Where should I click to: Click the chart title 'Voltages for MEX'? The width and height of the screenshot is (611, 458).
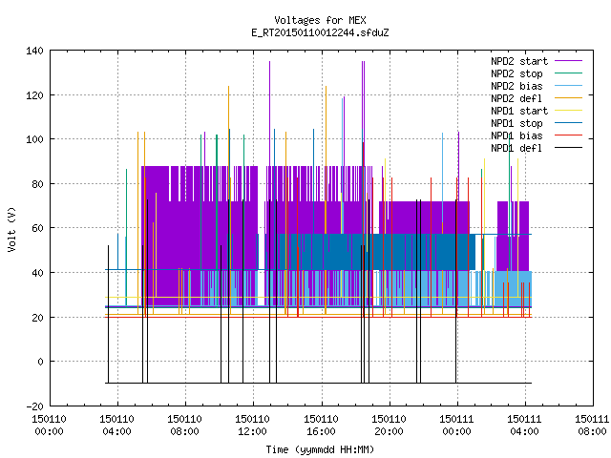(x=320, y=20)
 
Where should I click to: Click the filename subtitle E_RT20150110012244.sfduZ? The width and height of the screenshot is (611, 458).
(x=320, y=32)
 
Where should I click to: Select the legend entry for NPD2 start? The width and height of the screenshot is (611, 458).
(x=519, y=61)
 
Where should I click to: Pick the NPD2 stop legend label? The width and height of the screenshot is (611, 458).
(x=516, y=73)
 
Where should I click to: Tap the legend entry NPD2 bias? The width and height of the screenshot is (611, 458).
(x=516, y=86)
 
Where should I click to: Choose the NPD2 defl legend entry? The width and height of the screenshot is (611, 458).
(x=516, y=98)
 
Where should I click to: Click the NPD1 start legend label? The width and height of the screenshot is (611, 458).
(x=519, y=111)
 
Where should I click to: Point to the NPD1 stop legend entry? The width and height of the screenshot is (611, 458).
(x=516, y=123)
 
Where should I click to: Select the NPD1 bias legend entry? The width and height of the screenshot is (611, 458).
(x=516, y=135)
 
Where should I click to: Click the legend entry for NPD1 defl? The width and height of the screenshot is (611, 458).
(x=516, y=149)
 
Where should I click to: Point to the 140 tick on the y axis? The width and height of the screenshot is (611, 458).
(x=34, y=51)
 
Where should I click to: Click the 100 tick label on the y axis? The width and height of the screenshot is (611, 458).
(x=34, y=139)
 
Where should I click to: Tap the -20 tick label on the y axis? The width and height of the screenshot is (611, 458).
(x=34, y=406)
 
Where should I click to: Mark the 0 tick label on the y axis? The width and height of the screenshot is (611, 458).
(x=40, y=362)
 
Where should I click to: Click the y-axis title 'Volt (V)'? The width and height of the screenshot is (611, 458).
(x=11, y=230)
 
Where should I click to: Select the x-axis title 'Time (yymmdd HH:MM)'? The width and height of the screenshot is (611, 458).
(x=320, y=449)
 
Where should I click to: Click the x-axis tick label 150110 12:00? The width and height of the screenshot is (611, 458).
(x=252, y=426)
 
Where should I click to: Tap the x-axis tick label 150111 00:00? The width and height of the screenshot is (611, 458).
(x=456, y=426)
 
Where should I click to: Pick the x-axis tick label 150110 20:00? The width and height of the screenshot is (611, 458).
(x=389, y=426)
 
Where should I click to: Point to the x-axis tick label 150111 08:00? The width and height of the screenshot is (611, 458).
(x=592, y=426)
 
